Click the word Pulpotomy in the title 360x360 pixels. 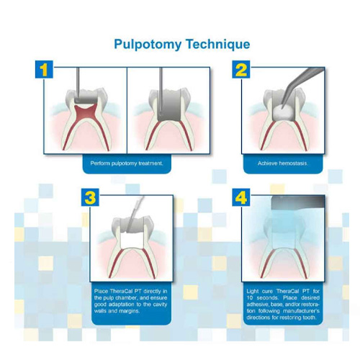148,45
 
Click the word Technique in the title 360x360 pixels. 218,44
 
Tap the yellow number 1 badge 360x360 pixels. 44,69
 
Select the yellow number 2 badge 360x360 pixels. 241,69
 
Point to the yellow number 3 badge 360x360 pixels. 90,197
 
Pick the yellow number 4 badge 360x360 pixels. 241,197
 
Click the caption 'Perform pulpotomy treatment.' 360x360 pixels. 127,163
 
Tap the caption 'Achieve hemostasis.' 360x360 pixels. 283,163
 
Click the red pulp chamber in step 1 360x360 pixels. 86,112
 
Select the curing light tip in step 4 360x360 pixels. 298,202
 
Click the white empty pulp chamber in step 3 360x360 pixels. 132,240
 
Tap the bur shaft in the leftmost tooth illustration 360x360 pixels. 78,82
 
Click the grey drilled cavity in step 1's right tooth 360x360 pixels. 171,106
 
